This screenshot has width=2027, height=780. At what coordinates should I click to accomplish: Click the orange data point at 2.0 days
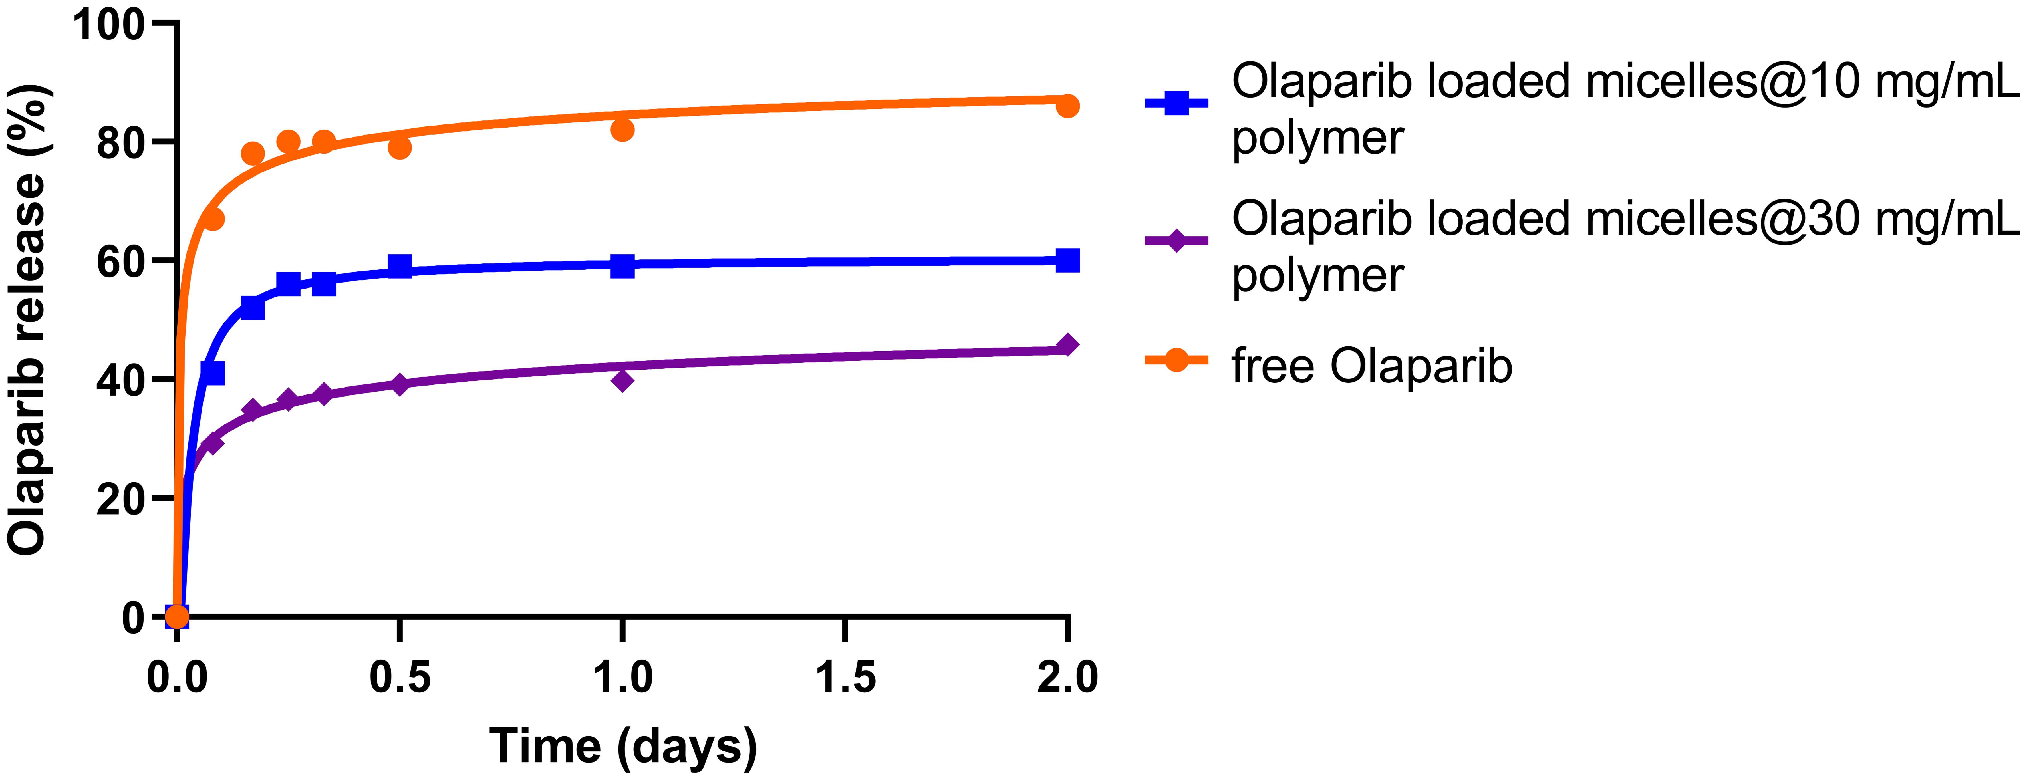(x=1067, y=106)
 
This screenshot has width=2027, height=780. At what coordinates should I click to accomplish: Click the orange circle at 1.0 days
(x=622, y=129)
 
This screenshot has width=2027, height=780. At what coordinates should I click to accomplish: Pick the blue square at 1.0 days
(x=622, y=266)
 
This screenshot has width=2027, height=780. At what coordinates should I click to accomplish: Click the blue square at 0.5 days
(x=400, y=266)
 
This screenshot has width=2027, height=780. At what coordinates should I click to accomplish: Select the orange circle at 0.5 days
(x=400, y=147)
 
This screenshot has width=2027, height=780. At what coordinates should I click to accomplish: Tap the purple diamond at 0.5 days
(x=400, y=384)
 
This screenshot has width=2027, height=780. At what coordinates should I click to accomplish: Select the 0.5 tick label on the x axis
(x=400, y=678)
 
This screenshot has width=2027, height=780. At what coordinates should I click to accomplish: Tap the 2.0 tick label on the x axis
(x=1067, y=678)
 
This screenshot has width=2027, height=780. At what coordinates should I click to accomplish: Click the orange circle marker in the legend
(x=1176, y=361)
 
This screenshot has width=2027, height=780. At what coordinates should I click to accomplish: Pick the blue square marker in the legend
(x=1176, y=103)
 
